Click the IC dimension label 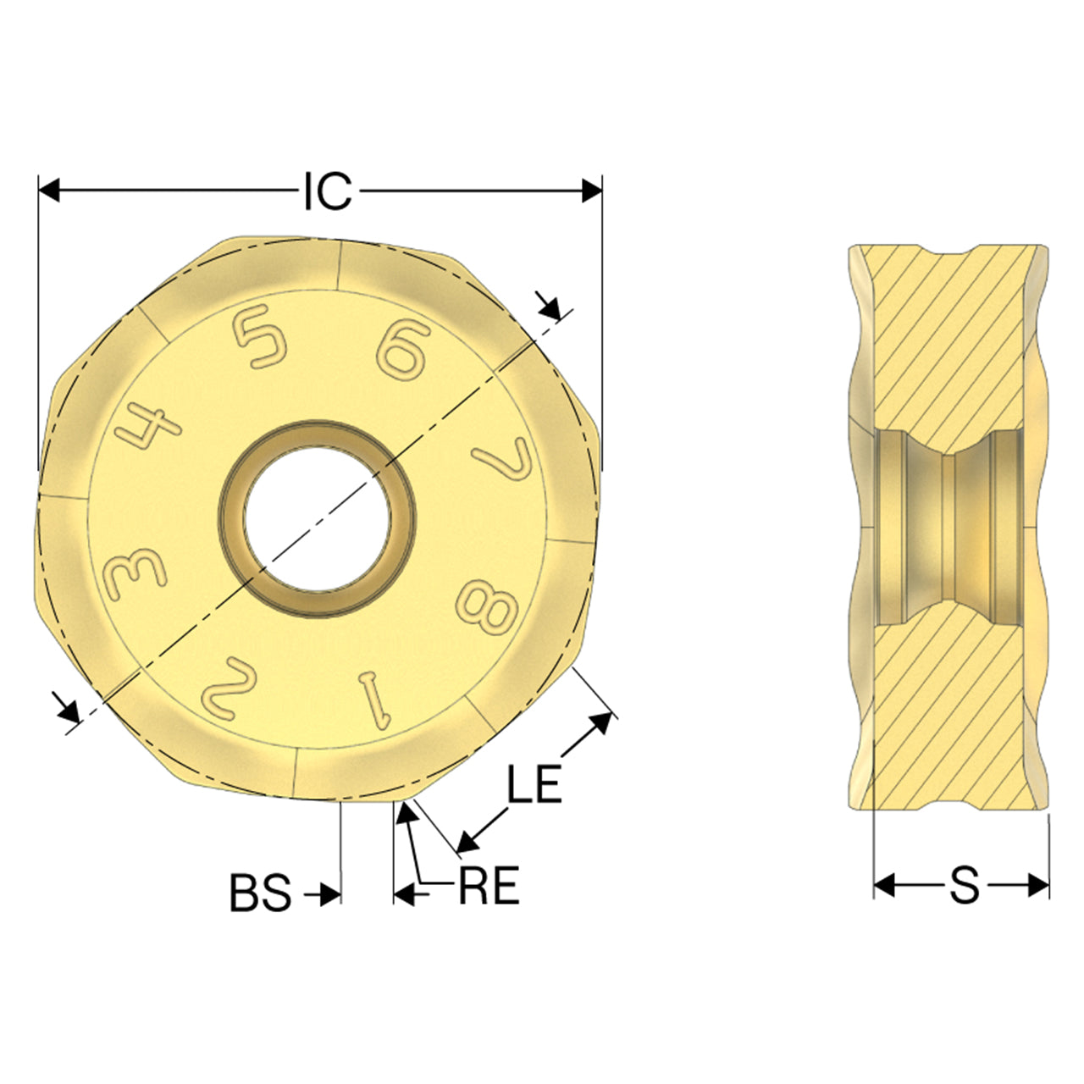point(328,192)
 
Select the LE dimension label point(534,783)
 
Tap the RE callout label point(489,886)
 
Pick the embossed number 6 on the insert point(403,347)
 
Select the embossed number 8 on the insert point(487,608)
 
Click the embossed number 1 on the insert point(376,700)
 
